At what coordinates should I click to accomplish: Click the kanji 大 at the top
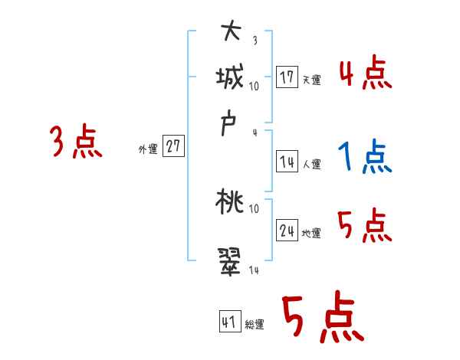pyautogui.click(x=231, y=33)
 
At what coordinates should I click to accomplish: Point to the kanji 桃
pyautogui.click(x=230, y=203)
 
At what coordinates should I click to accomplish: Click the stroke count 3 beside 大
pyautogui.click(x=255, y=41)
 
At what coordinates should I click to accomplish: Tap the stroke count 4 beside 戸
pyautogui.click(x=255, y=133)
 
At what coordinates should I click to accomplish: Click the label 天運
pyautogui.click(x=311, y=80)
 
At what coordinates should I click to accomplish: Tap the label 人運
pyautogui.click(x=311, y=164)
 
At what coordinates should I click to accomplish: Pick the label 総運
pyautogui.click(x=255, y=325)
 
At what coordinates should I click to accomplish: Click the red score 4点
pyautogui.click(x=365, y=74)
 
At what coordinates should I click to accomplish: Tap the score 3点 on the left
pyautogui.click(x=76, y=142)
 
